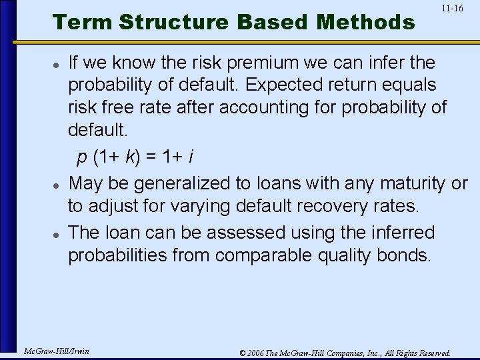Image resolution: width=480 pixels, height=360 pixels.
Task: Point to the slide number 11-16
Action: coord(452,9)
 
